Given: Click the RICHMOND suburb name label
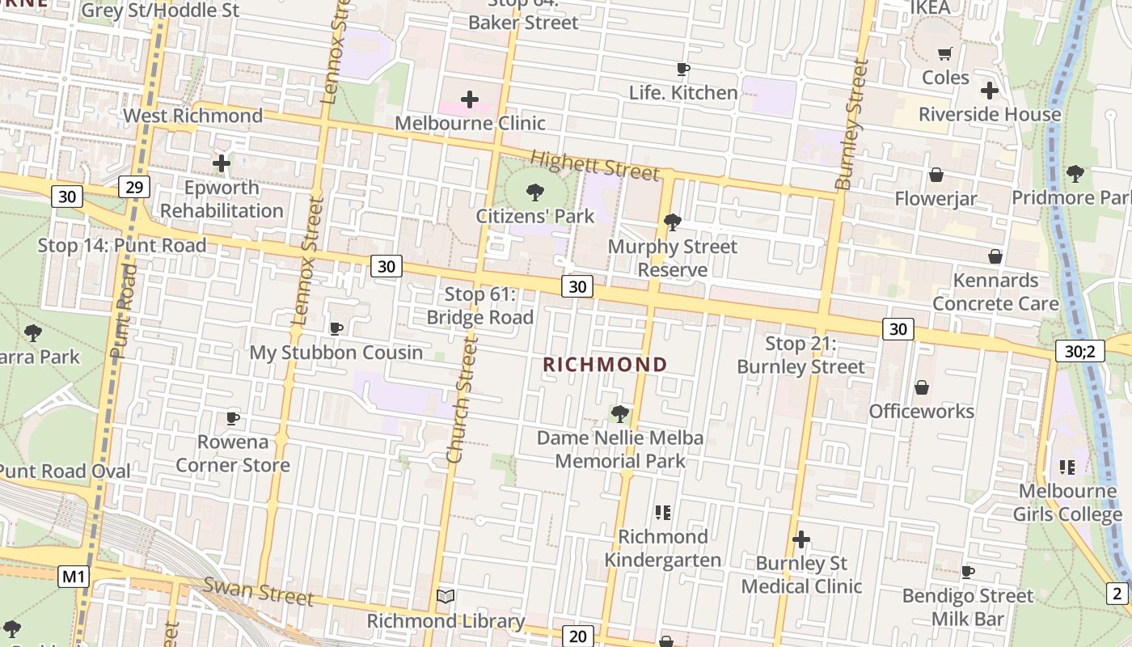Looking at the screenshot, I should [x=605, y=365].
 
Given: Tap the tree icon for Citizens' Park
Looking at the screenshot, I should [x=534, y=192].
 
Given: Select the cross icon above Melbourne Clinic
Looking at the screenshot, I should [x=470, y=99].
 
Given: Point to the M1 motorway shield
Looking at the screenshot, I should [x=74, y=577].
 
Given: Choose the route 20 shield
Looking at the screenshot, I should [x=577, y=636].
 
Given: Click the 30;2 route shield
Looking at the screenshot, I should [x=1079, y=351].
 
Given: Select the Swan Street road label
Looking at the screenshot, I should [x=258, y=590].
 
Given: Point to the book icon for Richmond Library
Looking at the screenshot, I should [x=446, y=597].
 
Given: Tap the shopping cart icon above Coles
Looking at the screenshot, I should [x=944, y=54].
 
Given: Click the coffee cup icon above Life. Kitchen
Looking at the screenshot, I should [x=683, y=70].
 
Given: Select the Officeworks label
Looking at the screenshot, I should [x=921, y=412].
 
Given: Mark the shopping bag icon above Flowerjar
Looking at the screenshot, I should [x=936, y=175].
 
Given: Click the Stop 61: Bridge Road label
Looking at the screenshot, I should [x=480, y=306].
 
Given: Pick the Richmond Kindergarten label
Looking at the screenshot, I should [x=662, y=548].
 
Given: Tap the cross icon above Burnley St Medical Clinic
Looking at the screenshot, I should [x=801, y=539].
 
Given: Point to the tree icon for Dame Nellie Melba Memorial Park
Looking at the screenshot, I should [x=620, y=414].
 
